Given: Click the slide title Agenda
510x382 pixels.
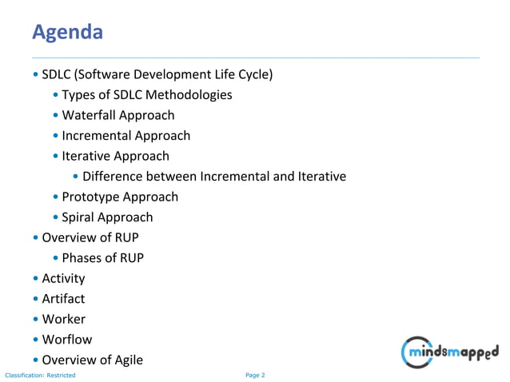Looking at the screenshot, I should [67, 32].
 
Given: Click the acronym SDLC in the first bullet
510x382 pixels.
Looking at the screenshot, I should [57, 75].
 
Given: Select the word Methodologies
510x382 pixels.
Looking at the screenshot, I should [191, 95].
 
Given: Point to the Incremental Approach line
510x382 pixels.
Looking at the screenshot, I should [126, 136].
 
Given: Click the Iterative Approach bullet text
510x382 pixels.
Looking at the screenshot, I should [115, 156].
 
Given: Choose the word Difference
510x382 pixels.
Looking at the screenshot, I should [111, 176].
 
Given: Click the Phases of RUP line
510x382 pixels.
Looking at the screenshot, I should [102, 257].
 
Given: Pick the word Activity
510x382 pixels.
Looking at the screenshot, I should [63, 278].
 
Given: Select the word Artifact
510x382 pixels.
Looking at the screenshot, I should [63, 299].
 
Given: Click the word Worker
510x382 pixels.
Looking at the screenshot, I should [63, 319].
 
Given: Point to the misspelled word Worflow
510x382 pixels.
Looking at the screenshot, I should [66, 340].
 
